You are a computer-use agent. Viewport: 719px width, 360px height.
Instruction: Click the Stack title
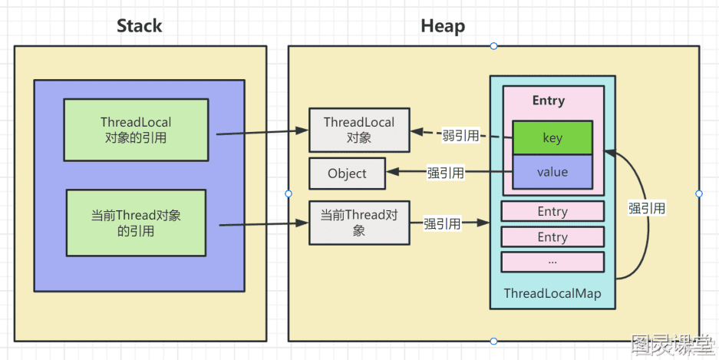coord(140,25)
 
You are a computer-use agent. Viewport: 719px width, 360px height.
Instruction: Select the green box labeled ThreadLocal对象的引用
coord(136,130)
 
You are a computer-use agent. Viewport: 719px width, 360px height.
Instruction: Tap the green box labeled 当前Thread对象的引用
coord(136,223)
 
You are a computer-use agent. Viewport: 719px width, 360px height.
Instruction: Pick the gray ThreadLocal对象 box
coord(359,130)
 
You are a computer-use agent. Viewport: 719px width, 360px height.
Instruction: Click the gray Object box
coord(347,173)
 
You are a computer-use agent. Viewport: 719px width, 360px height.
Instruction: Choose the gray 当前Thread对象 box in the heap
coord(359,223)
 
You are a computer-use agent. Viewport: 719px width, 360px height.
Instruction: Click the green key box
coord(552,138)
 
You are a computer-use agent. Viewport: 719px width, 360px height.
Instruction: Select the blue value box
coord(552,172)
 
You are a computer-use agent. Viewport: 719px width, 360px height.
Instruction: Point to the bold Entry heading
coord(549,101)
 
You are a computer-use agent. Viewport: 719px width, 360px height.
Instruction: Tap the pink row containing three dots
coord(552,262)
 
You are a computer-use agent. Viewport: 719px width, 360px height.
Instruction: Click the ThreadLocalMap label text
coord(552,293)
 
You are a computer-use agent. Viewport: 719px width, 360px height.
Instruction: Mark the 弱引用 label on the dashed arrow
coord(460,135)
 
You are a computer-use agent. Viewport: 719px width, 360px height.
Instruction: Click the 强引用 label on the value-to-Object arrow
coord(445,173)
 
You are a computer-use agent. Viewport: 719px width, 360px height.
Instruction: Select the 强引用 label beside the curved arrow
coord(647,208)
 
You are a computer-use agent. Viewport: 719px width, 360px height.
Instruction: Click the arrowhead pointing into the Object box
coord(392,173)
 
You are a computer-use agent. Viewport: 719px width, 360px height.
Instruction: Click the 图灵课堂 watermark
coord(671,345)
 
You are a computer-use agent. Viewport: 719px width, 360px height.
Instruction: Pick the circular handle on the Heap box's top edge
coord(493,46)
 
